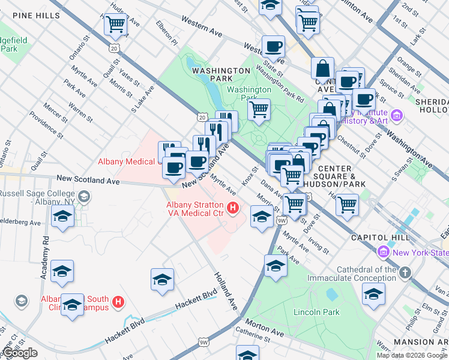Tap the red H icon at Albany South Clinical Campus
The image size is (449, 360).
[x=118, y=302]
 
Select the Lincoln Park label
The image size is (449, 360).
[x=316, y=312]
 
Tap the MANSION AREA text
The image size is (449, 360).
[x=421, y=342]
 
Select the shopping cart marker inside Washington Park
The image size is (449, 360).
[x=259, y=109]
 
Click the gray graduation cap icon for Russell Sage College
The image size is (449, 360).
[x=84, y=196]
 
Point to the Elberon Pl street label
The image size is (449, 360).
[x=167, y=35]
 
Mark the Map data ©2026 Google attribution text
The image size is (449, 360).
[x=412, y=355]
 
